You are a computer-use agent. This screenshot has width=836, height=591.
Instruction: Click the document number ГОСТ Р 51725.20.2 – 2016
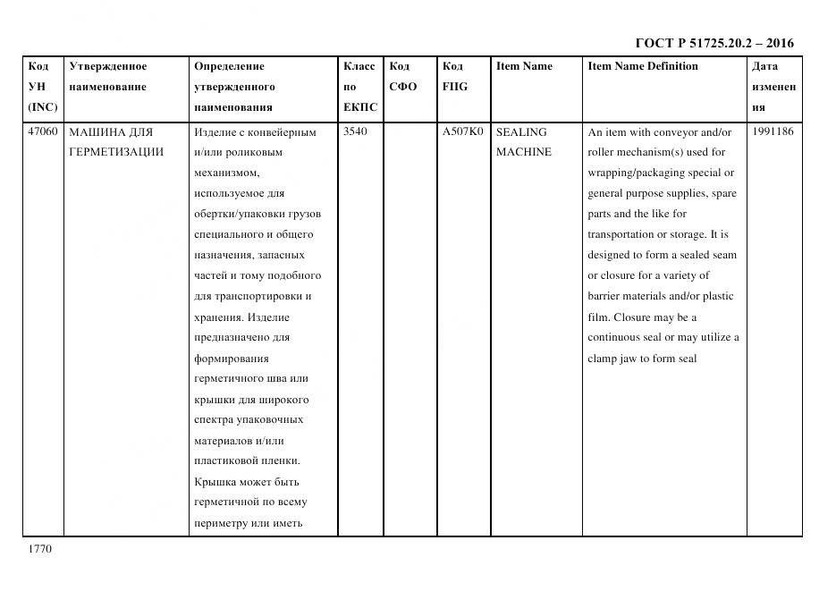[x=714, y=43]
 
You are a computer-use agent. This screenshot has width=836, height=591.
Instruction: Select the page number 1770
[x=40, y=549]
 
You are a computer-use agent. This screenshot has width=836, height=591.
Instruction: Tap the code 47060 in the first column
[x=43, y=132]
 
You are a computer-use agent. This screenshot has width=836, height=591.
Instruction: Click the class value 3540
[x=356, y=132]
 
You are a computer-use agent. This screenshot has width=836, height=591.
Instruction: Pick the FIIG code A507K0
[x=462, y=132]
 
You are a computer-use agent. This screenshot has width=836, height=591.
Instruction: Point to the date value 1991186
[x=773, y=132]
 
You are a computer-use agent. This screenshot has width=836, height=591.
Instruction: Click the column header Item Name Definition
[x=642, y=66]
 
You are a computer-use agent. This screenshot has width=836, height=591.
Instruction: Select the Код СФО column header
[x=402, y=77]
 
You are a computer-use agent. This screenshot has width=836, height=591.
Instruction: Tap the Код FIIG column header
[x=454, y=77]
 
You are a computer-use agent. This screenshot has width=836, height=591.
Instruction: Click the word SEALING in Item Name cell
[x=520, y=132]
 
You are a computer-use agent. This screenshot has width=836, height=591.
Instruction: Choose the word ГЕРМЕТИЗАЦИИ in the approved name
[x=116, y=152]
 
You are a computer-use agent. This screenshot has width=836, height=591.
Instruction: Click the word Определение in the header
[x=229, y=66]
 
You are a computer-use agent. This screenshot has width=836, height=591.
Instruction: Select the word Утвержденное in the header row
[x=108, y=66]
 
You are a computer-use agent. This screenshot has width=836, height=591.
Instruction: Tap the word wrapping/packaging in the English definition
[x=642, y=173]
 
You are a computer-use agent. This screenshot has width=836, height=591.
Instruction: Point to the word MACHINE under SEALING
[x=524, y=152]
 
